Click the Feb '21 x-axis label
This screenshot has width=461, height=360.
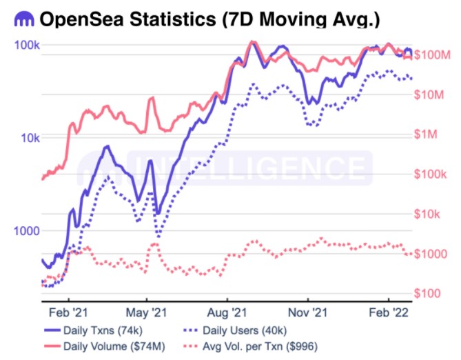click(x=70, y=312)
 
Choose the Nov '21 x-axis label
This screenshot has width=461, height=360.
click(x=307, y=312)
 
